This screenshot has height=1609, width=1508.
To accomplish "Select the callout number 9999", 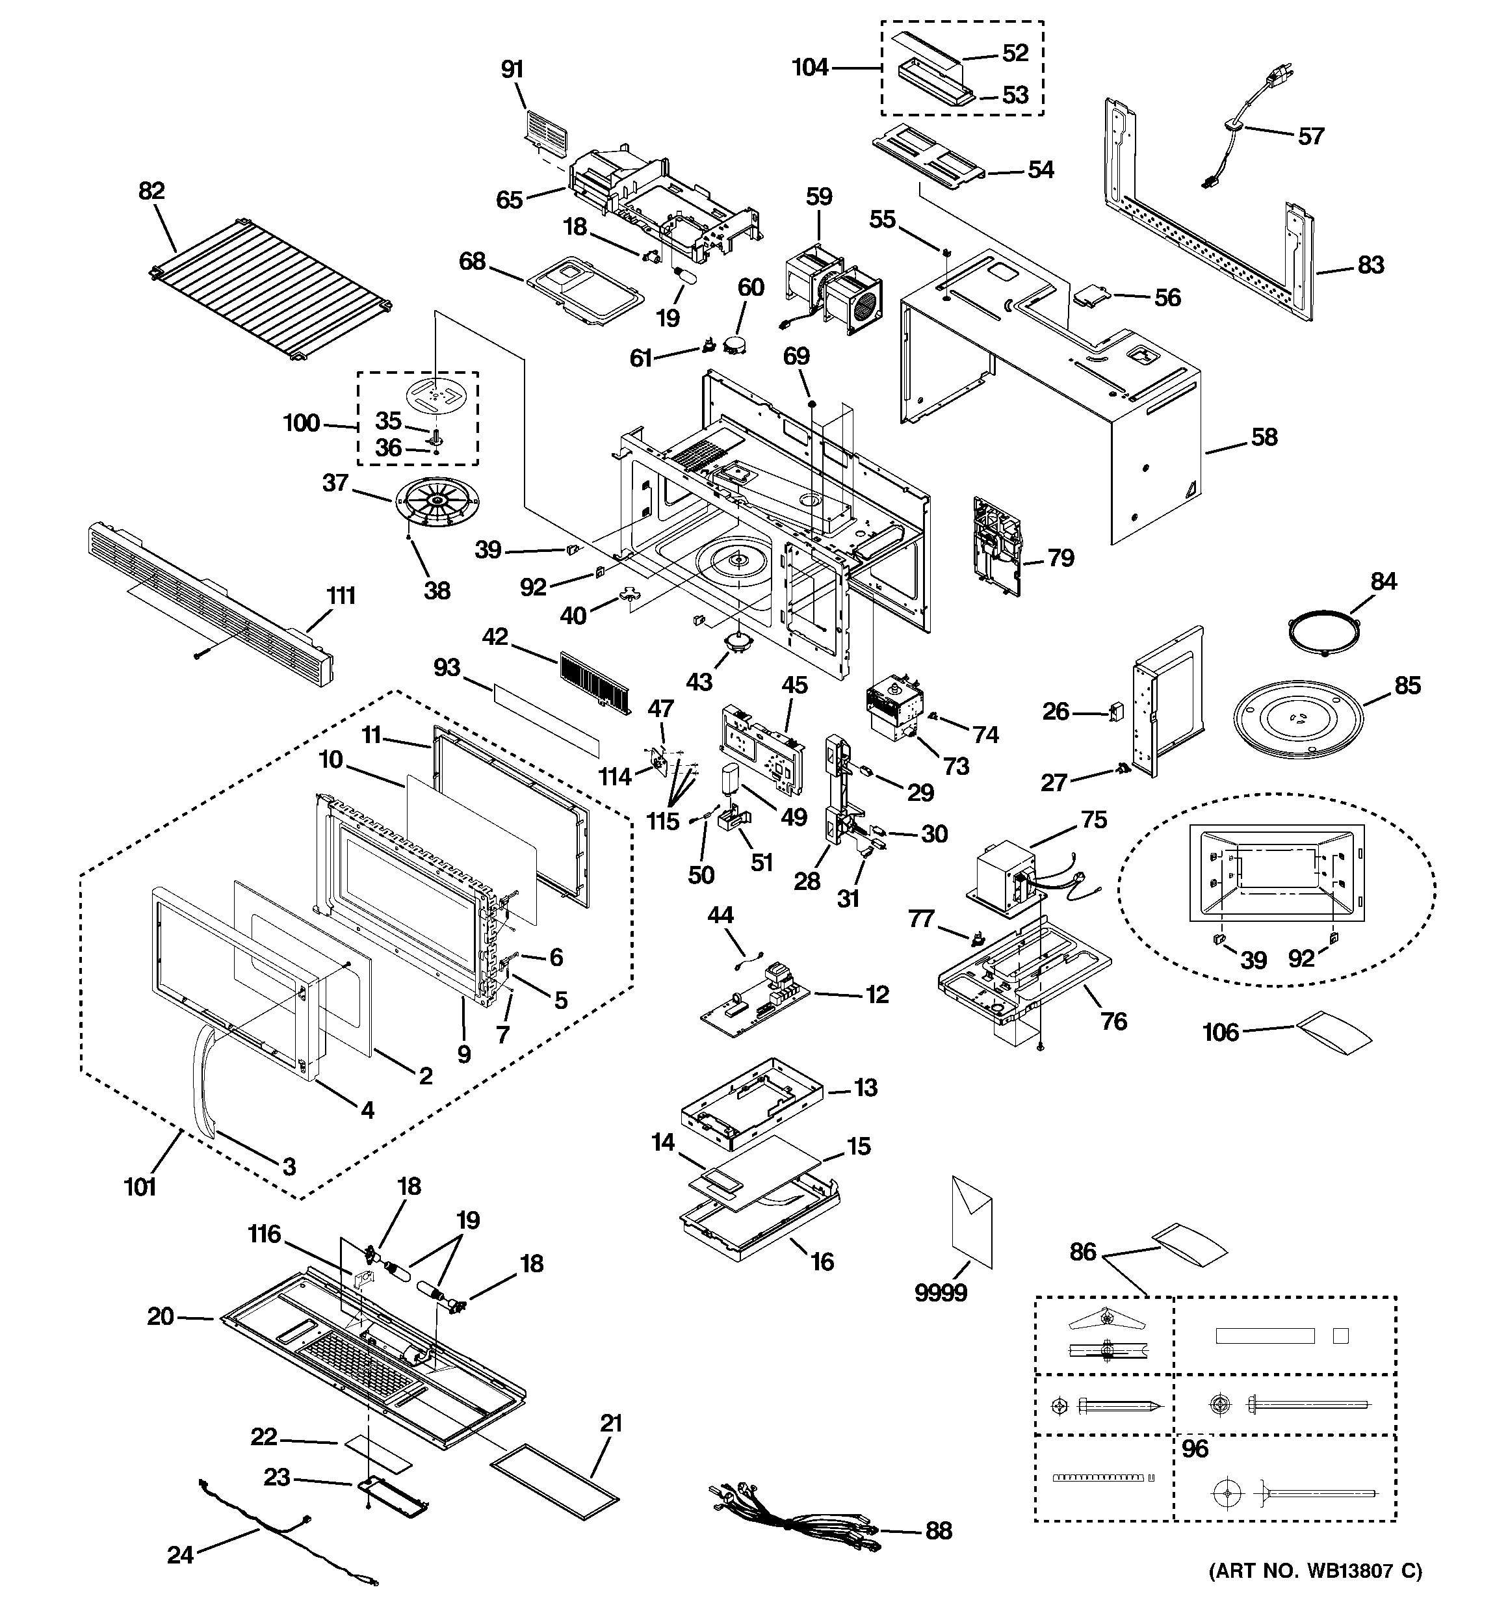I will pyautogui.click(x=941, y=1293).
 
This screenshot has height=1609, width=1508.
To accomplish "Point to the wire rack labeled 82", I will pyautogui.click(x=271, y=290).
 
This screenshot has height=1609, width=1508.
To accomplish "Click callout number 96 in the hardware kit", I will pyautogui.click(x=1195, y=1448).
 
